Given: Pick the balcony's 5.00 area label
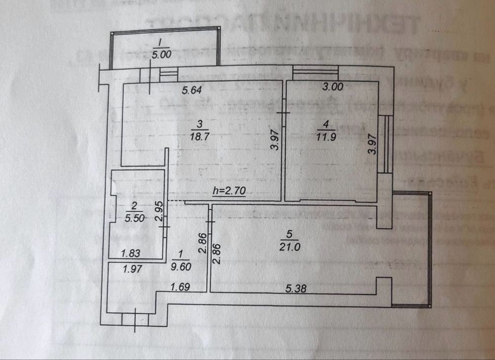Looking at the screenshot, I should click(162, 55).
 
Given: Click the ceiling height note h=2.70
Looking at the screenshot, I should click(229, 191).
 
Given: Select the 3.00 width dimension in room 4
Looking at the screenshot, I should click(332, 87).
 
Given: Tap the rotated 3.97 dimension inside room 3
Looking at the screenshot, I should click(277, 139).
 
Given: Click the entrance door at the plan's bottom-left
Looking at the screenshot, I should click(135, 318).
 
